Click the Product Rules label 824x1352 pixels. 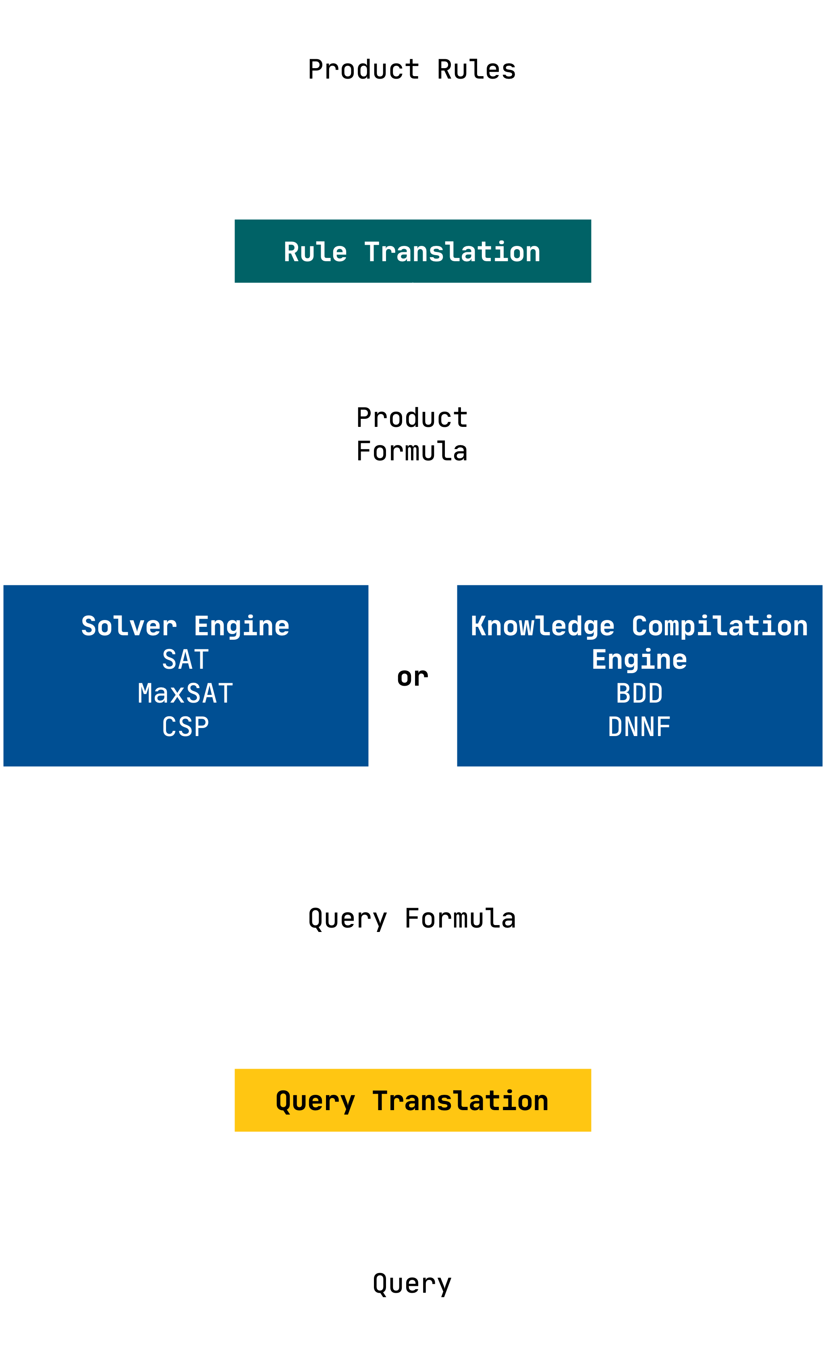coord(412,70)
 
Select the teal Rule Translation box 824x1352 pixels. coord(413,251)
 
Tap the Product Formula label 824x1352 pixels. coord(412,435)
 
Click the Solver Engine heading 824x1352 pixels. coord(185,626)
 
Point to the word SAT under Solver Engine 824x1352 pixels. coord(185,659)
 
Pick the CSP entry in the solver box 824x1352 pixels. coord(185,727)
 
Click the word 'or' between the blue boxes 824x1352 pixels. coord(413,677)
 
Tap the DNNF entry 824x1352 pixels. coord(639,727)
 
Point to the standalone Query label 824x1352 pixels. coord(412,1284)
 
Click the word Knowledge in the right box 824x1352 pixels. coord(543,626)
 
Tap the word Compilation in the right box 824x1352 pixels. coord(720,626)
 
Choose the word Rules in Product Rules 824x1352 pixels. coord(476,70)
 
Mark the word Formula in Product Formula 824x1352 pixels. coord(412,451)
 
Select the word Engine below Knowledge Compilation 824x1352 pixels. coord(639,659)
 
